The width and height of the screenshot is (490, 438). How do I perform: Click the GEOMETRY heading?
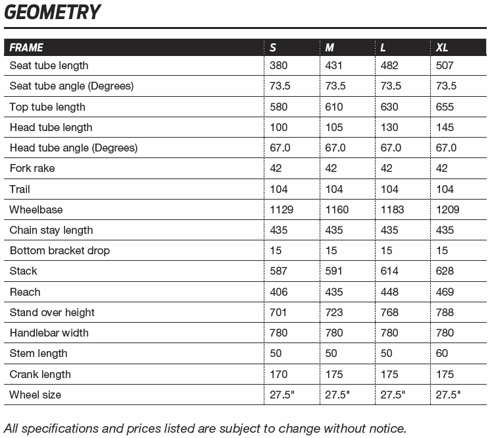pos(53,13)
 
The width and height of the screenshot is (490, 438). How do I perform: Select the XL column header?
pos(442,47)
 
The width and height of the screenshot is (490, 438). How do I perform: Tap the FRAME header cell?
pos(26,47)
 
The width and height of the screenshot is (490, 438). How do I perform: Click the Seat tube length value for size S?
pos(279,66)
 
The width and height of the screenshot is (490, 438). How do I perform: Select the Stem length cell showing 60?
pos(442,354)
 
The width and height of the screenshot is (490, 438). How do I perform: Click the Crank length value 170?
pos(279,374)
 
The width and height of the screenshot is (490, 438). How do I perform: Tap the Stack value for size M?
pos(334,271)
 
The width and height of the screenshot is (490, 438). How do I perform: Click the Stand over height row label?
pos(52,312)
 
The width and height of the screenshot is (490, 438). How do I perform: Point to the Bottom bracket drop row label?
pos(60,251)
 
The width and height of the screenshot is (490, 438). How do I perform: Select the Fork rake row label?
pos(32,169)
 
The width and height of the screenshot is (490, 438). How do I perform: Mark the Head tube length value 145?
pos(445,127)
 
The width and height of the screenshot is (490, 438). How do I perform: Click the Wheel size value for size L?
pos(393,395)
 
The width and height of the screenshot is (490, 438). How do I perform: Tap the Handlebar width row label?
pos(49,333)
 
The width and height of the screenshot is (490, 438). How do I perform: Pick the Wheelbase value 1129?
pos(282,209)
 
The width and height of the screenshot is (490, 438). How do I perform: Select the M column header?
pos(330,47)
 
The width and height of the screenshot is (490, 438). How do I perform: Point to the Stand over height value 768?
pos(389,312)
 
